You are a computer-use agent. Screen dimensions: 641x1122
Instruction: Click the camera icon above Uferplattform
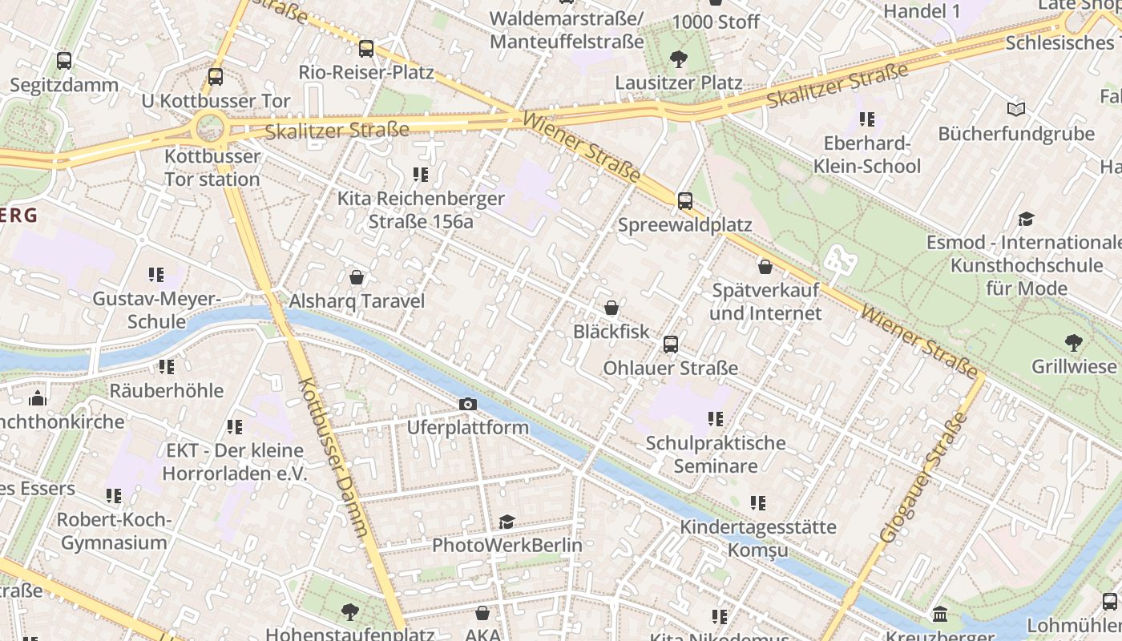click(468, 405)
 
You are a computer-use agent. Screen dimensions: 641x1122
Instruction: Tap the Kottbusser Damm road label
click(333, 457)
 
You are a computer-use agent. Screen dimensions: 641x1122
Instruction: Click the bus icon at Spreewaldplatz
click(685, 201)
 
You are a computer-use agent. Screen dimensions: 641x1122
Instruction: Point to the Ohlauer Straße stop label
click(670, 369)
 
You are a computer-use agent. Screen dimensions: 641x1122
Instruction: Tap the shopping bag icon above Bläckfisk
click(611, 308)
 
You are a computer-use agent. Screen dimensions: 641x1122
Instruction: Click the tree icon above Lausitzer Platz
click(679, 58)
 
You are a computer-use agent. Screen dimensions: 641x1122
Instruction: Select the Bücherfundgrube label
click(1015, 134)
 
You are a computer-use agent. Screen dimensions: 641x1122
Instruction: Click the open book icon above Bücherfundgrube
click(1015, 109)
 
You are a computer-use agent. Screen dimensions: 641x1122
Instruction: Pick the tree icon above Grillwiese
click(1074, 343)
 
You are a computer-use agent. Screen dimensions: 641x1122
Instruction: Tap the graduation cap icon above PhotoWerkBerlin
click(507, 522)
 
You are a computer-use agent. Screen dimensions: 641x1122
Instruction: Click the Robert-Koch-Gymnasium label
click(114, 530)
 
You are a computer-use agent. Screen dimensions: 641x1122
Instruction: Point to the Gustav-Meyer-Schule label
click(155, 310)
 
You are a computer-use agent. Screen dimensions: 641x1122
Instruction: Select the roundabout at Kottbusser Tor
click(210, 127)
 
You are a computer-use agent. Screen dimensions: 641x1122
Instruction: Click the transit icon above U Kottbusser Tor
click(215, 77)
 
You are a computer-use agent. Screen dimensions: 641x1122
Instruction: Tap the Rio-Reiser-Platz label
click(366, 73)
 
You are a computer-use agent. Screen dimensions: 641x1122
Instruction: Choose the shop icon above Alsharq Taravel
click(357, 277)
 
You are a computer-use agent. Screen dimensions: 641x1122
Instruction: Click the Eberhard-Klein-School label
click(867, 155)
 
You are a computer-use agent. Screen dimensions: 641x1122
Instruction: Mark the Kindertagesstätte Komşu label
click(757, 538)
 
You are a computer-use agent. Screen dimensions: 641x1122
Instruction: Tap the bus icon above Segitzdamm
click(64, 60)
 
